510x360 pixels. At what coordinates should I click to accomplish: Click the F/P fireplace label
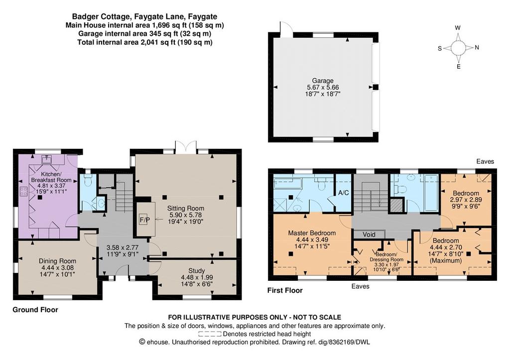point(145,220)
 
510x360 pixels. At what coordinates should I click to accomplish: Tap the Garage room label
point(323,81)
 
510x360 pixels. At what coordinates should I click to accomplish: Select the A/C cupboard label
point(344,193)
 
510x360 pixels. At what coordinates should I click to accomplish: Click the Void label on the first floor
point(369,235)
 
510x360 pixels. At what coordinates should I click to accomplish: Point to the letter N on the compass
point(477,47)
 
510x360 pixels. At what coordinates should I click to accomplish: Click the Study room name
point(196,270)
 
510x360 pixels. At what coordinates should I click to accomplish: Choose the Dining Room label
point(58,261)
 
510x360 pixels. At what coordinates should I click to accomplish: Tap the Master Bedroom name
point(312,233)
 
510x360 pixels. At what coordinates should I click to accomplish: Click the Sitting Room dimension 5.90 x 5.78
point(186,215)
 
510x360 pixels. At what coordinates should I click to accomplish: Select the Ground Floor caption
point(35,310)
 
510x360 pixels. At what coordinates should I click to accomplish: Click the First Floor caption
point(285,290)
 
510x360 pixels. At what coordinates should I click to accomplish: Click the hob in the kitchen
point(23,192)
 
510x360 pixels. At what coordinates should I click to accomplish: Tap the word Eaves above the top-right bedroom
point(485,162)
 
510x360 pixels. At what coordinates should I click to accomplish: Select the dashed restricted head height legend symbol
point(210,334)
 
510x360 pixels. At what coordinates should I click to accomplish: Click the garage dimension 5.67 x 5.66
point(323,88)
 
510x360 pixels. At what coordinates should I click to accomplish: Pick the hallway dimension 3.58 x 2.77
point(123,247)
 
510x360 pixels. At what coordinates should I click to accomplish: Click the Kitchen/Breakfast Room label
point(51,177)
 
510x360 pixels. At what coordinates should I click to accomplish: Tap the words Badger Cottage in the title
point(98,16)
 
